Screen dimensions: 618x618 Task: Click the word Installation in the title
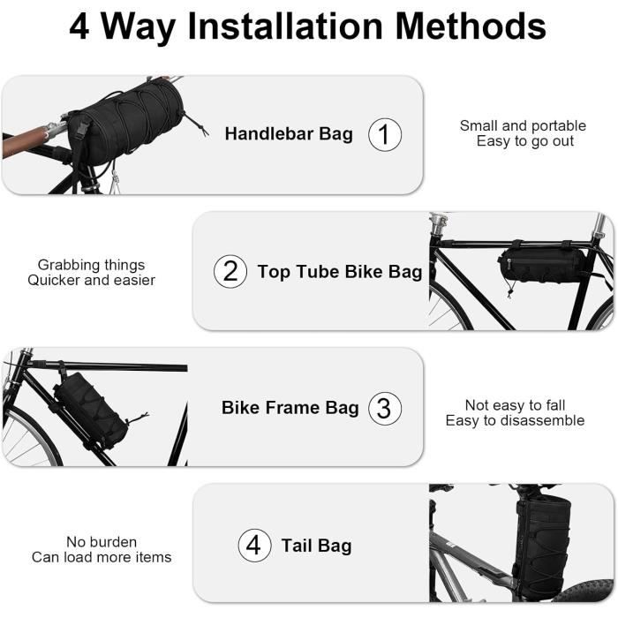285,26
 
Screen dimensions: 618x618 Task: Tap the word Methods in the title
471,26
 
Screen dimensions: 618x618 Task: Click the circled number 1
385,134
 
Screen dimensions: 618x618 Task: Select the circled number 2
230,271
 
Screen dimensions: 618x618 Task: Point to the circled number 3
385,408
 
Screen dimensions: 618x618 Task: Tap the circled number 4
254,545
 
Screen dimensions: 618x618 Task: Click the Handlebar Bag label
289,134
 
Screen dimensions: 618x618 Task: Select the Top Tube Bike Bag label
340,272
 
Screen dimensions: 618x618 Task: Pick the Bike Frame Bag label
290,408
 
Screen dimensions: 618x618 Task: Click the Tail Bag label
316,546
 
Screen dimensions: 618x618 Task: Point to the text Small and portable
523,125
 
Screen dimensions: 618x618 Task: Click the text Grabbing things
92,265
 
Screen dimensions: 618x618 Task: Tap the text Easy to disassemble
515,420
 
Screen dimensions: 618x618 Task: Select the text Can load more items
102,557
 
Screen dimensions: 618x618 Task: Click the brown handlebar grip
25,142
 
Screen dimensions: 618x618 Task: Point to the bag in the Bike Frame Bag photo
92,411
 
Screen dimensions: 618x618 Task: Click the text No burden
102,542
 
